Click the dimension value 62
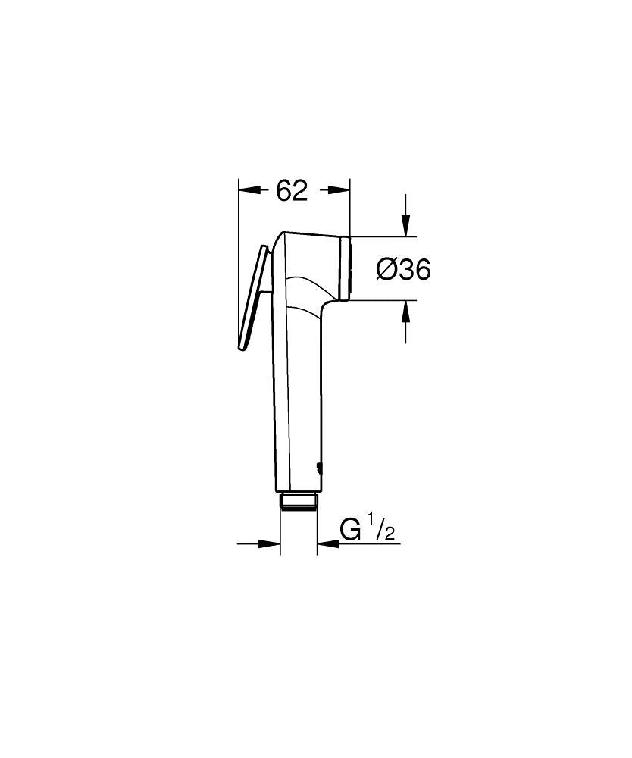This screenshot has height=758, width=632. pyautogui.click(x=292, y=192)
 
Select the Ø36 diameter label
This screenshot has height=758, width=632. pyautogui.click(x=404, y=268)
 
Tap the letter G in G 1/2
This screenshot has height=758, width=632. pyautogui.click(x=351, y=528)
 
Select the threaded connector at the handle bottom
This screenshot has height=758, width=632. pyautogui.click(x=299, y=501)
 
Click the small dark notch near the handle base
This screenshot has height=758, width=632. pyautogui.click(x=319, y=468)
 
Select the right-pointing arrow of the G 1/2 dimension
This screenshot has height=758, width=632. pyautogui.click(x=270, y=543)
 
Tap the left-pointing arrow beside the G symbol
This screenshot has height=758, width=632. pyautogui.click(x=328, y=543)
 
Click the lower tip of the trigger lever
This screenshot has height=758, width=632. pyautogui.click(x=242, y=348)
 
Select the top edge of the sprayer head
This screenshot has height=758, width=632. pyautogui.click(x=311, y=233)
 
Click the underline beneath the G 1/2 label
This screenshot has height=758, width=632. pyautogui.click(x=364, y=543)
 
